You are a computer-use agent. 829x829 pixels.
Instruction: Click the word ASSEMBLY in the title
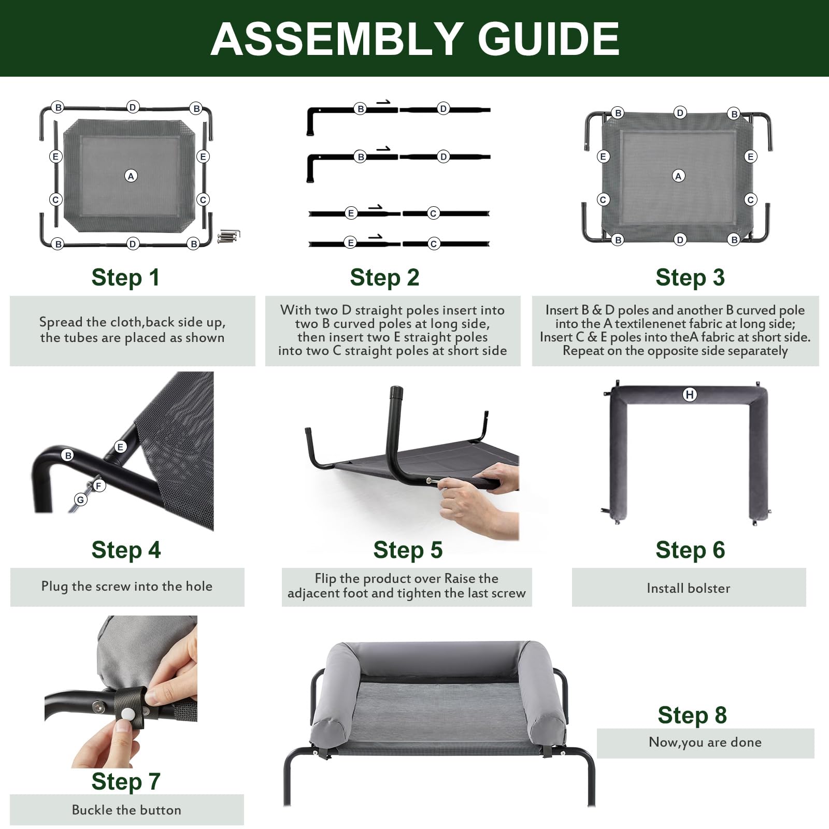[336, 39]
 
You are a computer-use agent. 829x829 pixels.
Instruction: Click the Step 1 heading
[125, 278]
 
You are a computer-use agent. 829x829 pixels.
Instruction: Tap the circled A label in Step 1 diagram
[131, 176]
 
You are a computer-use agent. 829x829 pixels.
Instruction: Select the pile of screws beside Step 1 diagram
[228, 236]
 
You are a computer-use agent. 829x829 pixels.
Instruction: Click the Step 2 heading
[384, 278]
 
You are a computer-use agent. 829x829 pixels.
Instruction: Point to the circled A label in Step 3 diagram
[678, 176]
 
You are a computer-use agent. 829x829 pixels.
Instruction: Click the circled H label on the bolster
[690, 395]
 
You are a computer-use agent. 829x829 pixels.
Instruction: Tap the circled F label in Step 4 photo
[98, 485]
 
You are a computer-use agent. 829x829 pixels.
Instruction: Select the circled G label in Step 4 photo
[80, 500]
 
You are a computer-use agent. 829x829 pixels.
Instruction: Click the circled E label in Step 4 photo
[120, 447]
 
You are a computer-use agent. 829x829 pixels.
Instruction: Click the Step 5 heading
[408, 550]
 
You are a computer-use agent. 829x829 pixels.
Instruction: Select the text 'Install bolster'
[688, 589]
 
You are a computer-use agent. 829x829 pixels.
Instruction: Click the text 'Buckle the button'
[126, 810]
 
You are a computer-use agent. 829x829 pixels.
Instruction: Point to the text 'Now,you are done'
[705, 742]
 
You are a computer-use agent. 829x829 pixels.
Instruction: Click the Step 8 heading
[692, 716]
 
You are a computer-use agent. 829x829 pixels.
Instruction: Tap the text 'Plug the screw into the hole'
[127, 587]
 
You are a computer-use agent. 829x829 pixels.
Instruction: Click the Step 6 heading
[690, 550]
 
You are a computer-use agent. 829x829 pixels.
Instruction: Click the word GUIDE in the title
[548, 39]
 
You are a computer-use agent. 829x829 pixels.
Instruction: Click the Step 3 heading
[690, 278]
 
